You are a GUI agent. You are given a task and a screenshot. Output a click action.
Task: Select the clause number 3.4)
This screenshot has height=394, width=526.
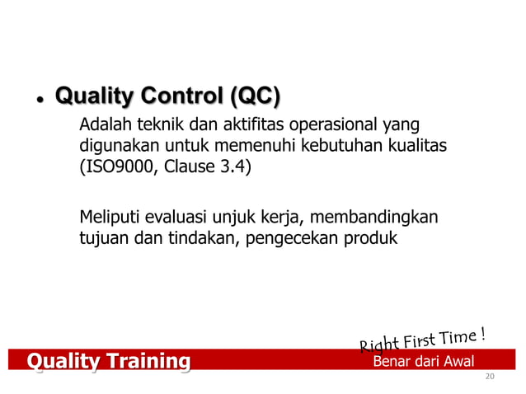click(237, 169)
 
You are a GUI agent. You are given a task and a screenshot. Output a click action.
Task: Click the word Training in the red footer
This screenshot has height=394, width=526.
click(143, 360)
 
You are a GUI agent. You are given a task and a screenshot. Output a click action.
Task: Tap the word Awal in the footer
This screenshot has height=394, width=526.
click(455, 361)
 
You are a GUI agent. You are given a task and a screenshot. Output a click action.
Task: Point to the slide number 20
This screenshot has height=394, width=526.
click(491, 377)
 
